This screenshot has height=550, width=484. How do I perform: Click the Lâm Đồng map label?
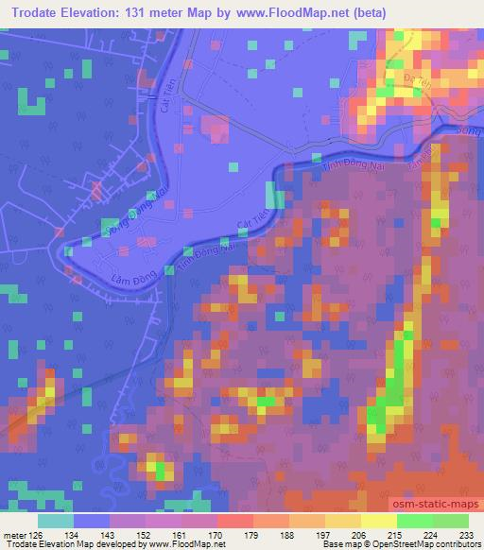click(106, 279)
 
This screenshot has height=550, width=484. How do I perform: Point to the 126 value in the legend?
click(27, 536)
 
